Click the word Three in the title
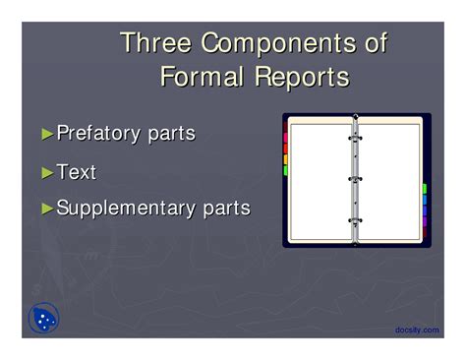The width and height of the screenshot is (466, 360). (156, 42)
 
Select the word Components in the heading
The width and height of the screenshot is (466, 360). (278, 44)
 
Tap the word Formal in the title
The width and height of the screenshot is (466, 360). (203, 77)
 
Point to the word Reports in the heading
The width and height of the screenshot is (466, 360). (302, 78)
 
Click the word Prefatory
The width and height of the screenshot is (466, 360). (98, 134)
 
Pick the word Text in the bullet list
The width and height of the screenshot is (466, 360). (77, 171)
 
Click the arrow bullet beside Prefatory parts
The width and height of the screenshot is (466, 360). (47, 134)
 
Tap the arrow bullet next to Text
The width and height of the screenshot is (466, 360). (47, 173)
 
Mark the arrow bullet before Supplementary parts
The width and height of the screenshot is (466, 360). (47, 209)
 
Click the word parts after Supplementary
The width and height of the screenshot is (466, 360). (227, 210)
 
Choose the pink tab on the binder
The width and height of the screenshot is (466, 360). (285, 138)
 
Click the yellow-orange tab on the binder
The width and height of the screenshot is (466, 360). (285, 159)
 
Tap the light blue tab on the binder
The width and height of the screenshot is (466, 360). (425, 200)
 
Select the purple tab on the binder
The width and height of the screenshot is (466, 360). (425, 221)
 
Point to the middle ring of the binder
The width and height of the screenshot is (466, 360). (355, 179)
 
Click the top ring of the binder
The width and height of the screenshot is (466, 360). (355, 139)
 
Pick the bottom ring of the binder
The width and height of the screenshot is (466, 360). (355, 220)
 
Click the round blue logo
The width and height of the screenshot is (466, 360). (44, 318)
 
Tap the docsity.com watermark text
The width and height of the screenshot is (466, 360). (417, 330)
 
